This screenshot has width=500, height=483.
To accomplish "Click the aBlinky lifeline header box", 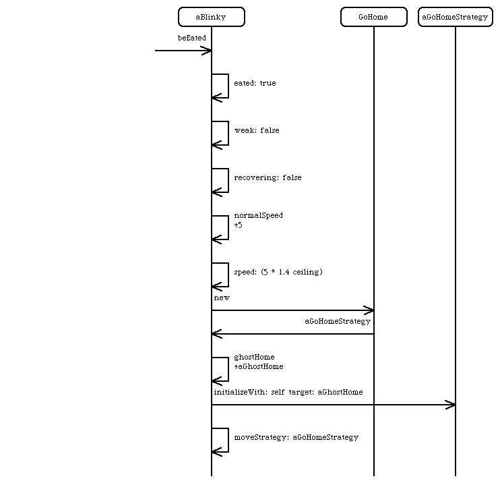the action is (x=212, y=17).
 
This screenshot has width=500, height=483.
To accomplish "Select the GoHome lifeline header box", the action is (x=374, y=17).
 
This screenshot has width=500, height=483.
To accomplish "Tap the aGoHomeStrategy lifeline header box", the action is (x=456, y=17).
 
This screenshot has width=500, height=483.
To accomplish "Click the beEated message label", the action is (x=192, y=38).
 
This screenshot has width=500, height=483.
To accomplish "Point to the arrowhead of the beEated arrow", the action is (x=211, y=51).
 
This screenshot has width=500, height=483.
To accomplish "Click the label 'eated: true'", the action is (x=255, y=84).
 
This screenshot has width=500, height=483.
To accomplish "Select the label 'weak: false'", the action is (x=257, y=130).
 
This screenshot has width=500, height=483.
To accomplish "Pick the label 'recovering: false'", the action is (x=268, y=177).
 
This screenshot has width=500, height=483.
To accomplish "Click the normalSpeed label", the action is (x=258, y=215).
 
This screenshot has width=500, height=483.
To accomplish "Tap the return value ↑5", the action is (x=238, y=225).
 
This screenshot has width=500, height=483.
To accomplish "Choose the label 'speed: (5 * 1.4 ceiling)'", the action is (x=278, y=272).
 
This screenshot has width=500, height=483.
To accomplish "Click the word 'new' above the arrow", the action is (x=222, y=298).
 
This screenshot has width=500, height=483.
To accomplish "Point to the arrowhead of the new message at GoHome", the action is (x=373, y=310).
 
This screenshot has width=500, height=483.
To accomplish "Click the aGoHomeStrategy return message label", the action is (x=338, y=321).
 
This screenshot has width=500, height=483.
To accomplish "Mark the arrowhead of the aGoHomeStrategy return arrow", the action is (x=212, y=334).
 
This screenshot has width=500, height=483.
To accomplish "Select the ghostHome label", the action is (x=254, y=357).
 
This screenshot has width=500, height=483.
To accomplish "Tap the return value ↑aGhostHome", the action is (x=259, y=366).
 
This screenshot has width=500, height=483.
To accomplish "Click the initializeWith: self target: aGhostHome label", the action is (x=288, y=392).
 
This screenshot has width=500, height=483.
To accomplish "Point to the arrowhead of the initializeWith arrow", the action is (x=454, y=405).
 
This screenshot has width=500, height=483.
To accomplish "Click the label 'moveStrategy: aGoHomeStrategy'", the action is (x=296, y=437).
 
